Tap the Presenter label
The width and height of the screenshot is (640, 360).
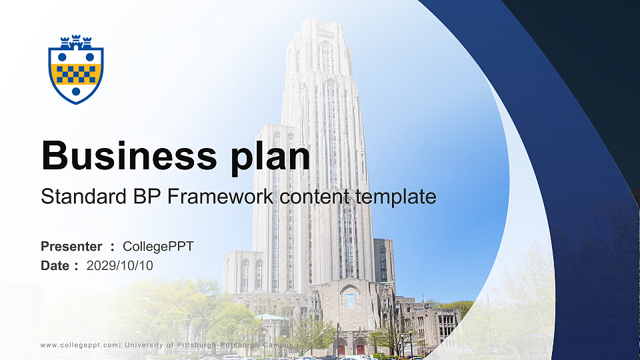[x=71, y=247]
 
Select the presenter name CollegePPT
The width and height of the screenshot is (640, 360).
[x=159, y=247]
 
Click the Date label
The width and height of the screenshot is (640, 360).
[x=55, y=265]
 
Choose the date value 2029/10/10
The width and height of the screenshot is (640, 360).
[x=120, y=265]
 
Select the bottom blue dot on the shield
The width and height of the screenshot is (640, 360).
[x=76, y=91]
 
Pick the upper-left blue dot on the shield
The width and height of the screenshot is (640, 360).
[x=62, y=57]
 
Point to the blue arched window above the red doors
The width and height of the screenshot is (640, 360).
[x=351, y=301]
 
